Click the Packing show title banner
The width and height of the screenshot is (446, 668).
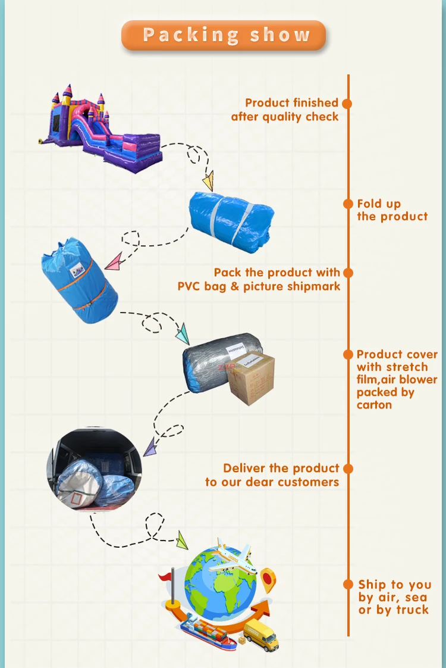click(224, 35)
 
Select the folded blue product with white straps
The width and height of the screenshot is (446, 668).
click(231, 214)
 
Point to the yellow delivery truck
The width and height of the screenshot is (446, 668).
click(262, 635)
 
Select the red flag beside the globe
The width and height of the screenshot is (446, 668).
click(166, 576)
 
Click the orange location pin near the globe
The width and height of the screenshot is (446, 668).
click(269, 579)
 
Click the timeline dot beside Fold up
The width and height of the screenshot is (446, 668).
click(348, 204)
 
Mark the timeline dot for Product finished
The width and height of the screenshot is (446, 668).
click(348, 103)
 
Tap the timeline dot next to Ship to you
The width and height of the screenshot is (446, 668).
click(348, 585)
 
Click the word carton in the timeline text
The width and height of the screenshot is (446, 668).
click(374, 405)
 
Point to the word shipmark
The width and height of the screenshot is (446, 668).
click(312, 286)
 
